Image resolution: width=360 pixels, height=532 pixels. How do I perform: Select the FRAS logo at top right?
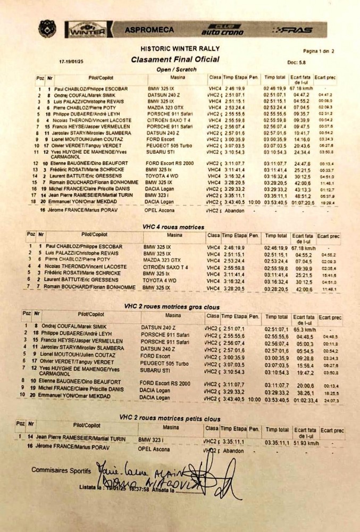(x=292, y=30)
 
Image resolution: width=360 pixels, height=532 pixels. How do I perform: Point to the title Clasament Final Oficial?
(x=175, y=60)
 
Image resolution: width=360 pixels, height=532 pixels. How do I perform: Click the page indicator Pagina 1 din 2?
(x=318, y=51)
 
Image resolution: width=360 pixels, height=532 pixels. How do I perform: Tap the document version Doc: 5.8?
(x=297, y=62)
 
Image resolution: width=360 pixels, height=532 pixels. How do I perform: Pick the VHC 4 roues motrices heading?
(x=173, y=227)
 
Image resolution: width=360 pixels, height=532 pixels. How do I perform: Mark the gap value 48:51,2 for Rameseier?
(x=302, y=195)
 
